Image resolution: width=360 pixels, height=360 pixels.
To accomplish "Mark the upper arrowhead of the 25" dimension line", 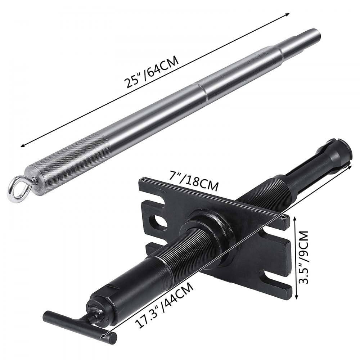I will click(x=288, y=15).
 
